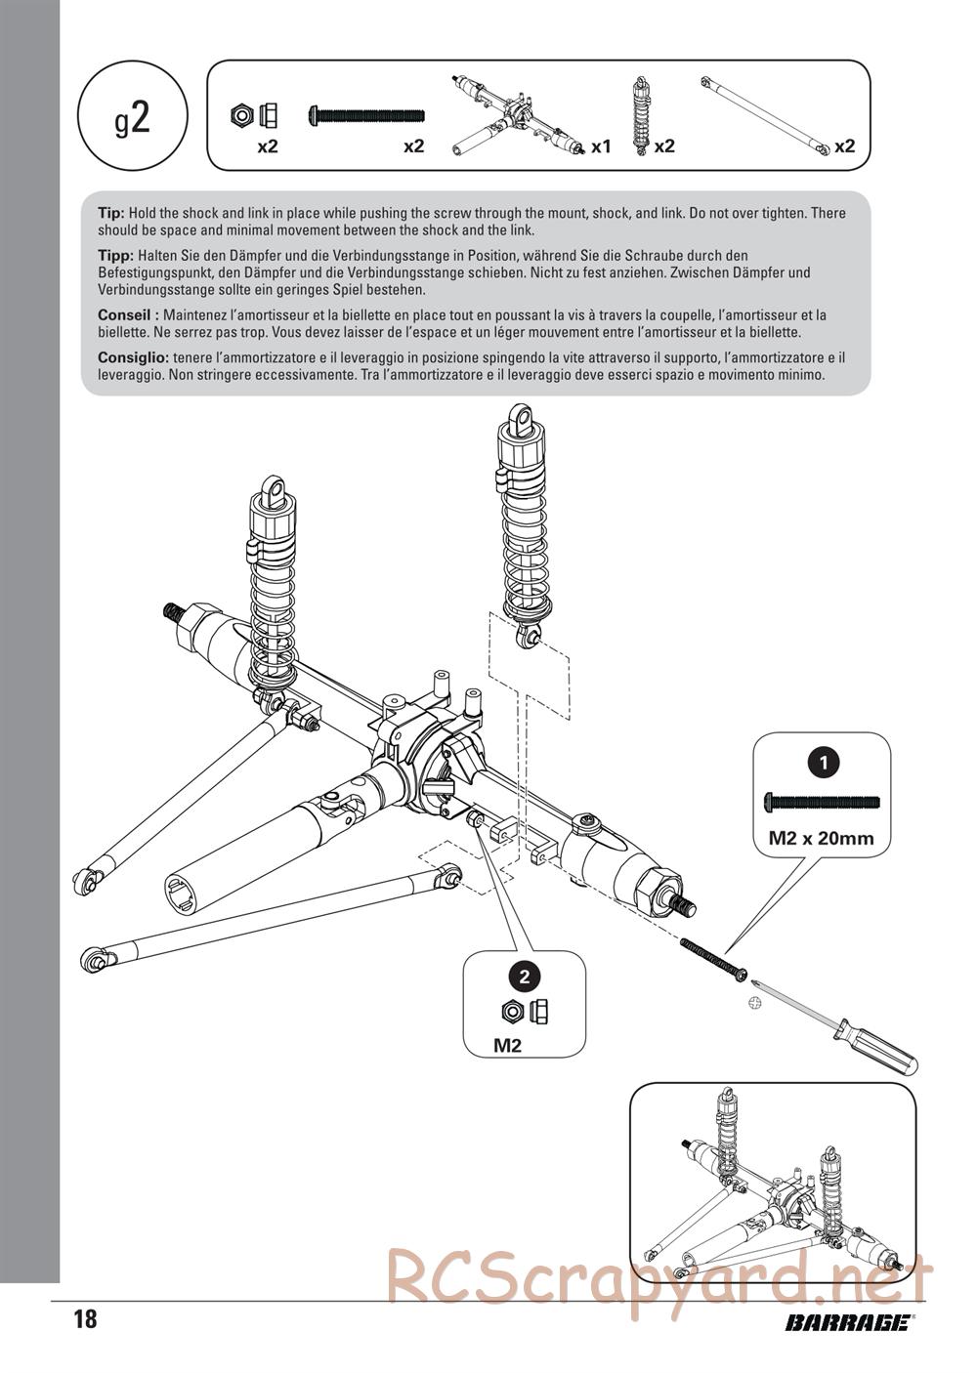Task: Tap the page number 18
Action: (x=85, y=1320)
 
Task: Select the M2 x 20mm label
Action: (x=821, y=837)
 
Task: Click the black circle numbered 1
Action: (x=826, y=762)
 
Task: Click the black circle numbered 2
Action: (x=525, y=976)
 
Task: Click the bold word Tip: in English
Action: (x=110, y=213)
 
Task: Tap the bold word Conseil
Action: (x=126, y=315)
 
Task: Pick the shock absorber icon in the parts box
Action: (x=641, y=117)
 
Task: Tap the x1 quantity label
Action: (x=600, y=146)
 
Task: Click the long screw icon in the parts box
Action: (x=366, y=115)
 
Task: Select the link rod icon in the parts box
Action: (x=766, y=115)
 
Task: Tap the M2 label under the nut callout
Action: (x=507, y=1046)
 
